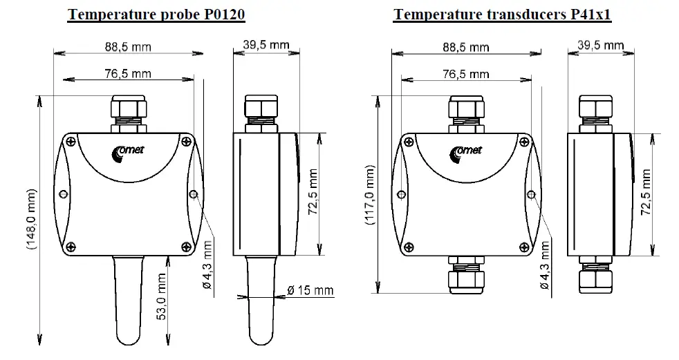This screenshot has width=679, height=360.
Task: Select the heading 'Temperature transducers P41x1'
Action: point(502,15)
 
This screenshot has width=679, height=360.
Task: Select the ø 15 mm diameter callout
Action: point(310,290)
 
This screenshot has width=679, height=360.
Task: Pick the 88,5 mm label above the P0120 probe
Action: point(127,47)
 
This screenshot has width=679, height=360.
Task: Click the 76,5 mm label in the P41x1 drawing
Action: point(465,74)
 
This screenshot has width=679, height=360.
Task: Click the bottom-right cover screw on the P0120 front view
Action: point(186,245)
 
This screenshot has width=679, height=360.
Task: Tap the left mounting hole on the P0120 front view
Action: point(63,193)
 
